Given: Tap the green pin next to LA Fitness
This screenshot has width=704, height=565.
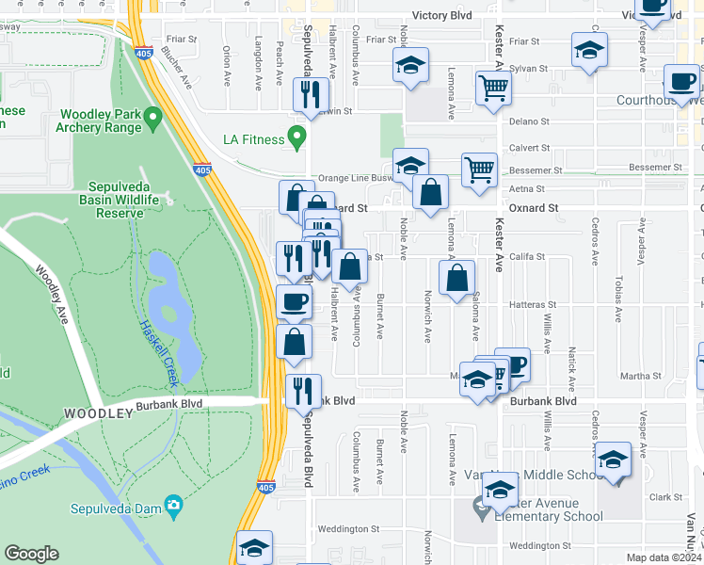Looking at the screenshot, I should pos(298,139).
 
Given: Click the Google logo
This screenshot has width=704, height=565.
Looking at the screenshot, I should pos(32,554).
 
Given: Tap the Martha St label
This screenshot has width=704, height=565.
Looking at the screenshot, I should pos(642,376).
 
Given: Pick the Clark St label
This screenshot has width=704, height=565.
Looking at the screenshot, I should pos(664,497).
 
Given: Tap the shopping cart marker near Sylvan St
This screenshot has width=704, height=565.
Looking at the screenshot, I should pos(493,88).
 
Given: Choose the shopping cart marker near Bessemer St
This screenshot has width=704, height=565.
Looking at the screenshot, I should pos(479,169).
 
